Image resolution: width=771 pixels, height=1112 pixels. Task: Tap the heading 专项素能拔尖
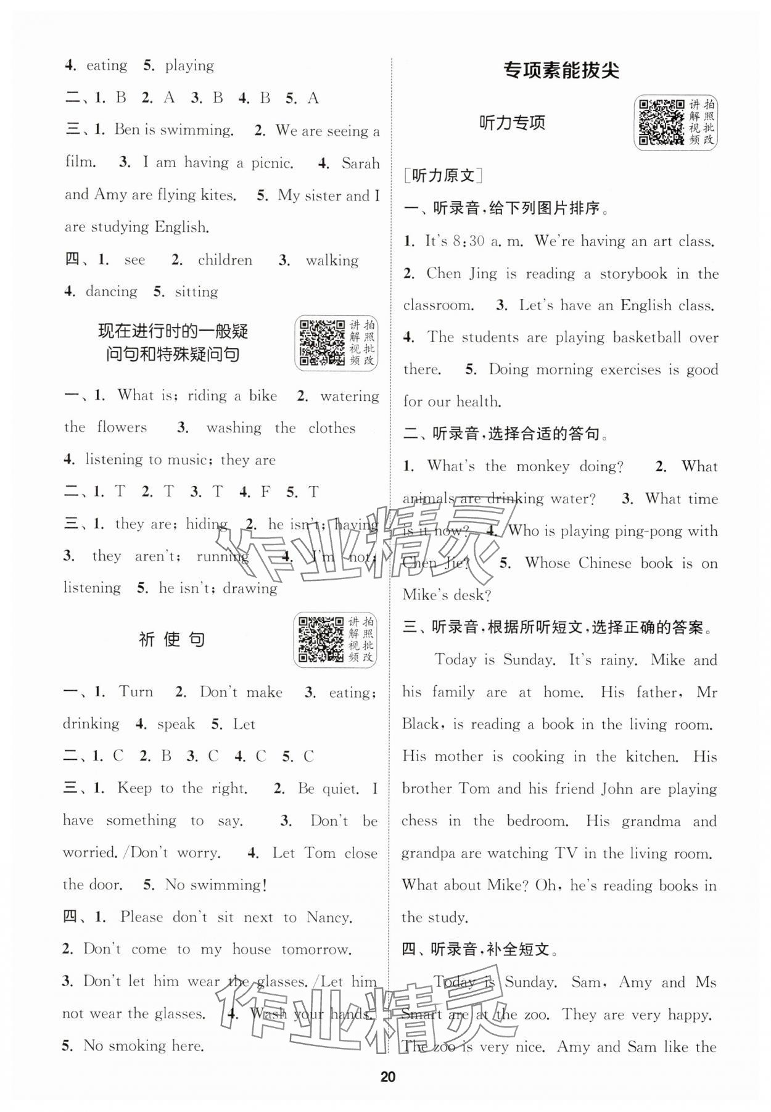(x=561, y=70)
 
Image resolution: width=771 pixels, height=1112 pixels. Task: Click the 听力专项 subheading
(x=513, y=123)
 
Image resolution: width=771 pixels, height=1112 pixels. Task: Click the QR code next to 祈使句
(x=321, y=640)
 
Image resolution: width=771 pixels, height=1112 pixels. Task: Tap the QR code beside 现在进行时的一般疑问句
(x=321, y=343)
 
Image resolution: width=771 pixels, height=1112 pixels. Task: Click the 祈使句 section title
(x=171, y=640)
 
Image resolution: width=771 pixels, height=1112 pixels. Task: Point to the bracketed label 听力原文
(x=443, y=176)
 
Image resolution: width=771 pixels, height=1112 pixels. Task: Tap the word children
(x=225, y=260)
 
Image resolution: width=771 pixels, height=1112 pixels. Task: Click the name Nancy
(x=329, y=918)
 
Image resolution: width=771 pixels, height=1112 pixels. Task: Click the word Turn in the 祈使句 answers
(x=136, y=692)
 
